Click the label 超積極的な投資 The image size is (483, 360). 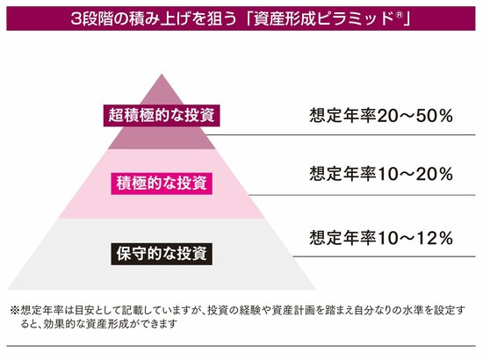click(162, 116)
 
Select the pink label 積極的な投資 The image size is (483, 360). click(162, 184)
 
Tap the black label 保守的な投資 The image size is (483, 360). click(162, 254)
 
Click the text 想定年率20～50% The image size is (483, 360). click(381, 116)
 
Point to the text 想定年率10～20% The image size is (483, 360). click(381, 174)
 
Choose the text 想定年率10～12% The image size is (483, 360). click(381, 238)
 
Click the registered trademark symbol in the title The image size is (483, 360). click(399, 15)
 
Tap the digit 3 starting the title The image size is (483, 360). click(76, 18)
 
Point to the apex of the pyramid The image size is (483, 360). click(162, 74)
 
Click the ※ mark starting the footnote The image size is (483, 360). click(14, 310)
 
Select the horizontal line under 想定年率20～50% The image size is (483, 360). click(341, 134)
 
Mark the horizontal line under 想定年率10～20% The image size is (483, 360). click(362, 195)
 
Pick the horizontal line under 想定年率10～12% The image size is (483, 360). click(384, 256)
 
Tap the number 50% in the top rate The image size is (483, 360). click(435, 116)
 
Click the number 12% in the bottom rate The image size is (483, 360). click(435, 238)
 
